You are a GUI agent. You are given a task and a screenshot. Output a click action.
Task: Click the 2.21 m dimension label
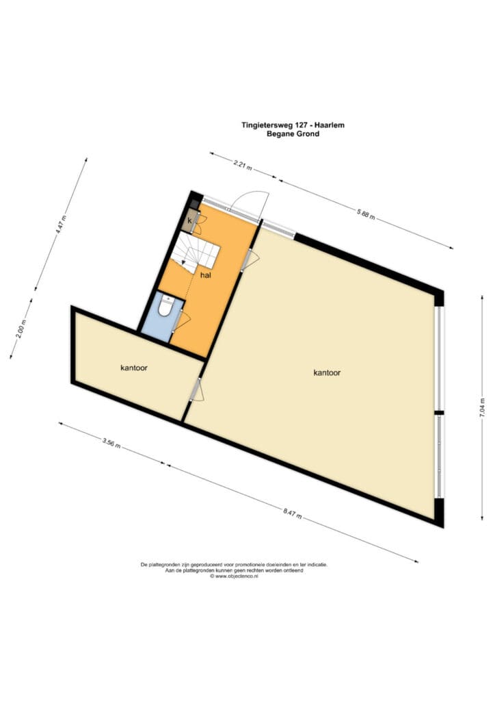tap(243, 165)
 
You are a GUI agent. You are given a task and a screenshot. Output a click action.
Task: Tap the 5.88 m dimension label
tap(366, 214)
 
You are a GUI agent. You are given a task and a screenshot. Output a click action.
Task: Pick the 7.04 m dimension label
tap(481, 408)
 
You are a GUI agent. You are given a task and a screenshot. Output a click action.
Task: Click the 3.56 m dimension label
tap(111, 444)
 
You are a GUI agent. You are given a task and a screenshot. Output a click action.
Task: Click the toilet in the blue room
tap(166, 306)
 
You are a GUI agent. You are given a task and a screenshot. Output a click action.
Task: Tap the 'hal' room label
tap(205, 275)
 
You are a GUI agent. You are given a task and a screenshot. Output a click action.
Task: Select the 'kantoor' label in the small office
tap(134, 368)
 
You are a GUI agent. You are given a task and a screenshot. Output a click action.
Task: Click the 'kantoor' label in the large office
tap(327, 372)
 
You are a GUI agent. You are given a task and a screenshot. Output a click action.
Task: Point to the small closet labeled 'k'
tap(189, 221)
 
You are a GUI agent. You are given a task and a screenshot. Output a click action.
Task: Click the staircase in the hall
tap(195, 253)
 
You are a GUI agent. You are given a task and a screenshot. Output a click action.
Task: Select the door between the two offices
tap(196, 389)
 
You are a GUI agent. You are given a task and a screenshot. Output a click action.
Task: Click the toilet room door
tap(182, 320)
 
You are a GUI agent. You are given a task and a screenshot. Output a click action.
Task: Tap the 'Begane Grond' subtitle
tap(293, 133)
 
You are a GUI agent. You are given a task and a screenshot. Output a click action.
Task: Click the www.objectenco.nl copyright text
tap(235, 576)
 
